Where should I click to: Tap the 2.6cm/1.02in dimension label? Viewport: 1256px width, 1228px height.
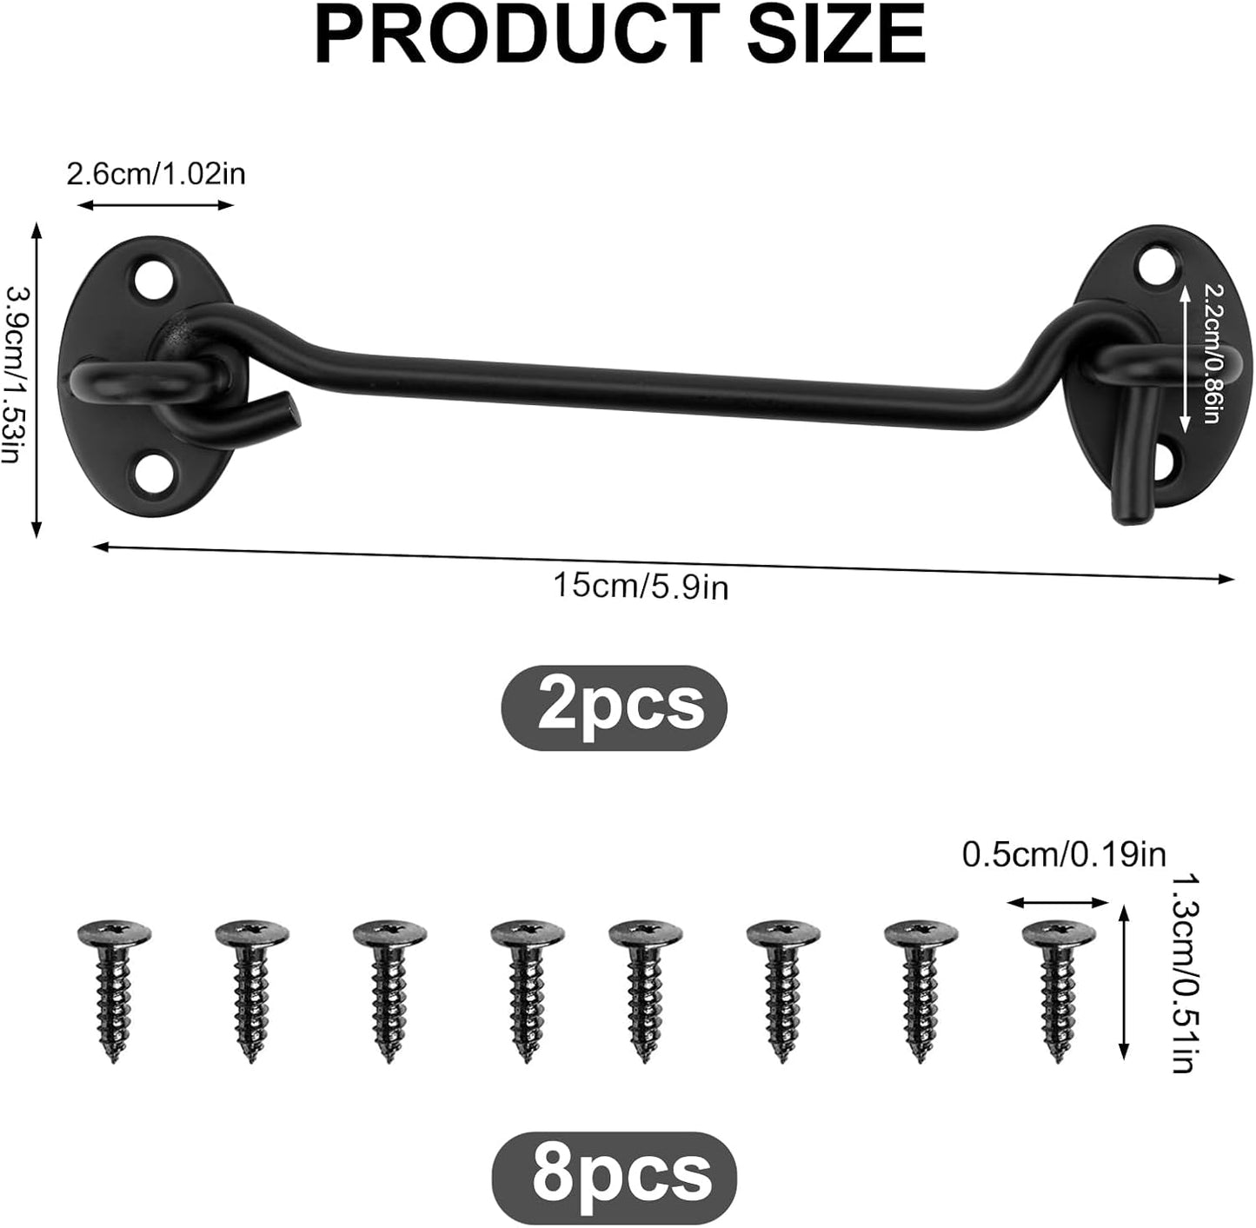click(x=156, y=174)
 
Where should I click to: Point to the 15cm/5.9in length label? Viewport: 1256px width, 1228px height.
click(x=641, y=587)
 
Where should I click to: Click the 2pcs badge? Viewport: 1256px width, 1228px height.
click(x=614, y=707)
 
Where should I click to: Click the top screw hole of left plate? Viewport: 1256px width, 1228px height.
click(x=151, y=279)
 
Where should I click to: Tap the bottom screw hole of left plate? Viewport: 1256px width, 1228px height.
click(x=151, y=474)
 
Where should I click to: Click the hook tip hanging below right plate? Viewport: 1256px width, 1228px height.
click(x=1126, y=487)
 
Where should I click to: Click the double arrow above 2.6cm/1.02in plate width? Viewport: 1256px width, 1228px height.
click(x=156, y=205)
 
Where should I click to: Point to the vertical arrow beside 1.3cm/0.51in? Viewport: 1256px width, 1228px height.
click(x=1124, y=980)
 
